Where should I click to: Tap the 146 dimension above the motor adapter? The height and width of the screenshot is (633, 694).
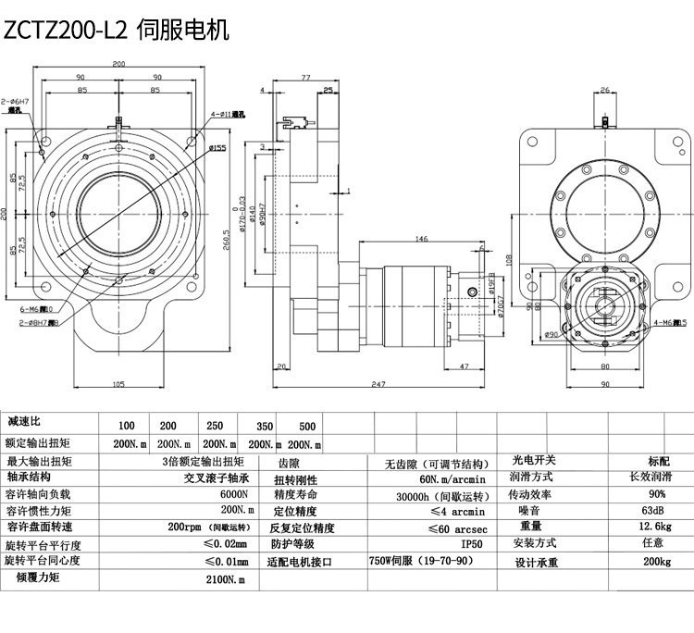tap(422, 239)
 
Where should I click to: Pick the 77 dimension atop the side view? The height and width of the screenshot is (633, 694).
tap(304, 79)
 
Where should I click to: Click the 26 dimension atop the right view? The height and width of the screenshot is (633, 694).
tap(604, 90)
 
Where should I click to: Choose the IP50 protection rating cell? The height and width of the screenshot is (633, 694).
tap(446, 544)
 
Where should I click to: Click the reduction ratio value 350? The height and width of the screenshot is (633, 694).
tap(265, 426)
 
